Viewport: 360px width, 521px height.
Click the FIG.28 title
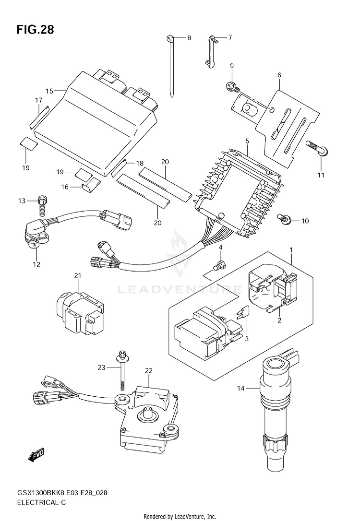click(x=35, y=30)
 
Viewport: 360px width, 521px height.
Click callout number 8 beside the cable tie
click(x=189, y=38)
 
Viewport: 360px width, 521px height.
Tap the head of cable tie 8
click(x=170, y=38)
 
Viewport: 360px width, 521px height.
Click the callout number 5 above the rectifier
click(x=247, y=141)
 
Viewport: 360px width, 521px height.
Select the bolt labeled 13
click(x=40, y=204)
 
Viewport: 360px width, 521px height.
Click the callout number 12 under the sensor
click(x=36, y=264)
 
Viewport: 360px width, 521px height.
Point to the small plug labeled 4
click(x=220, y=265)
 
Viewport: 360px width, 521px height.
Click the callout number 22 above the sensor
click(x=148, y=370)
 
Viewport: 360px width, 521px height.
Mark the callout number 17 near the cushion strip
click(x=39, y=100)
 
